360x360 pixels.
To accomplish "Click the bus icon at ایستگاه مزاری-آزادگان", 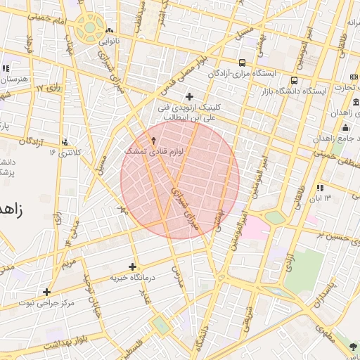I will click(x=243, y=63).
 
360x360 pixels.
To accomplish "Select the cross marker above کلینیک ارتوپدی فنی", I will click(x=189, y=96).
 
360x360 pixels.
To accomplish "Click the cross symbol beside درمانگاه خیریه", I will click(x=132, y=266).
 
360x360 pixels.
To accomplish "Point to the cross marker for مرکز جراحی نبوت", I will click(x=47, y=292).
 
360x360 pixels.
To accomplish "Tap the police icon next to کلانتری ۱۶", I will click(x=65, y=142).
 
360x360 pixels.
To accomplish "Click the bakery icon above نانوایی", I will click(x=109, y=32).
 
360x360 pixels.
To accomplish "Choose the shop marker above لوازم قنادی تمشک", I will click(x=154, y=141).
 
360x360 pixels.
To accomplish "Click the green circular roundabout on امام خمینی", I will click(x=90, y=29).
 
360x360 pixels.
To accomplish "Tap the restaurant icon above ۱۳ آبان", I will click(x=320, y=188).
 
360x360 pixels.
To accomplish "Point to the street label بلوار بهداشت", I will click(x=64, y=343).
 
